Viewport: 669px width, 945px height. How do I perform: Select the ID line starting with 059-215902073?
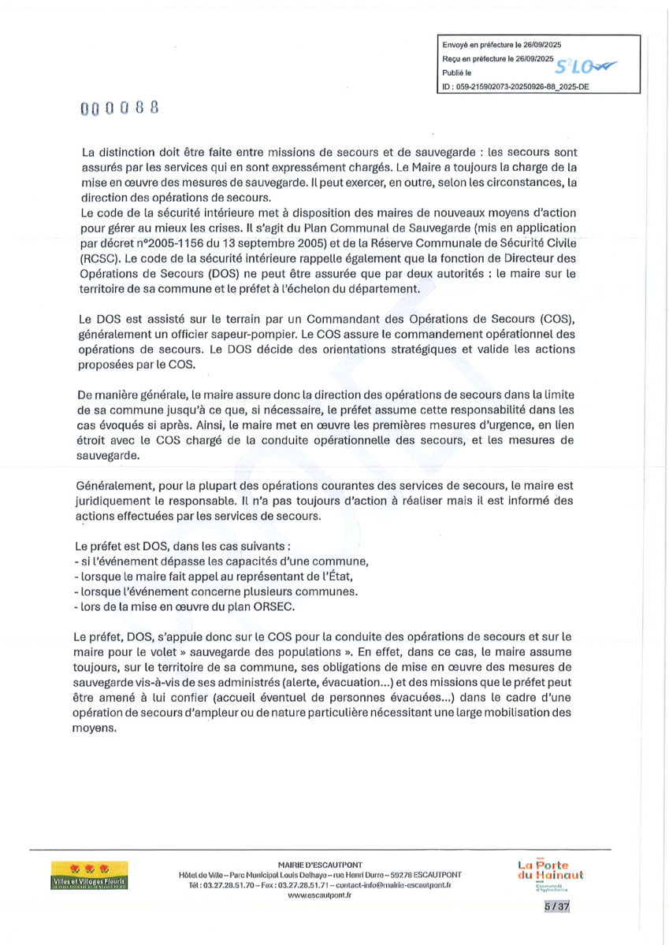point(516,88)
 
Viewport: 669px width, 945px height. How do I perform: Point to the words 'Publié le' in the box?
point(457,72)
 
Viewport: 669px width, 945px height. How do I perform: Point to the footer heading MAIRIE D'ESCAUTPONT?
point(320,864)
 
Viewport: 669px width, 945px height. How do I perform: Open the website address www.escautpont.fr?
point(320,895)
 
